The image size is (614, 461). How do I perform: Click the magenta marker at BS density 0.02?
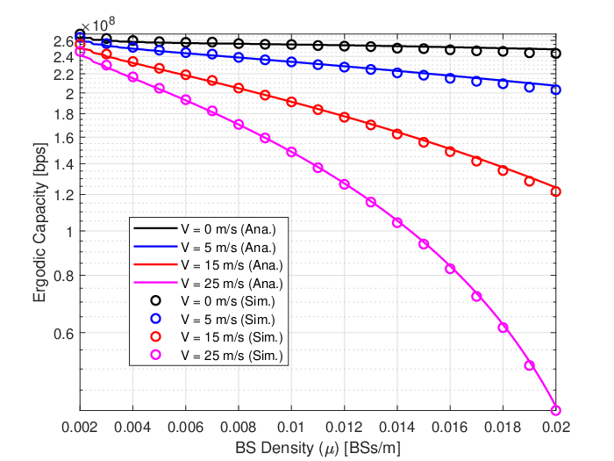click(555, 410)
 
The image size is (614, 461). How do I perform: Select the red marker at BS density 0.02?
click(555, 191)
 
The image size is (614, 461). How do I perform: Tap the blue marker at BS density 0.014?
click(397, 73)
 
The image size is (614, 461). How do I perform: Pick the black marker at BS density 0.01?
click(291, 45)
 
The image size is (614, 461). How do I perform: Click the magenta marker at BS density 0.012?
click(344, 184)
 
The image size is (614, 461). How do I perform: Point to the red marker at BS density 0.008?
click(239, 88)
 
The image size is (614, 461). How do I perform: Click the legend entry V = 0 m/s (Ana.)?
click(204, 229)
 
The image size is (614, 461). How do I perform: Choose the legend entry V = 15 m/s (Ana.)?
click(209, 265)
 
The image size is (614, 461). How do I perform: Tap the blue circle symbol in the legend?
click(156, 319)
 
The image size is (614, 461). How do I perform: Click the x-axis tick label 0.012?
click(344, 427)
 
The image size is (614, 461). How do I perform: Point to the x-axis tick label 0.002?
click(80, 427)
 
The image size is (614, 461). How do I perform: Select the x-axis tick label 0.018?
click(503, 427)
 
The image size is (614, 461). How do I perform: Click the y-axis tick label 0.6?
click(64, 334)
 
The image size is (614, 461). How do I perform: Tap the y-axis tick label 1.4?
click(64, 165)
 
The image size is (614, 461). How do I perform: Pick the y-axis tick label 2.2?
click(64, 75)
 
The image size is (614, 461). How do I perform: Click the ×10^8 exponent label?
click(98, 25)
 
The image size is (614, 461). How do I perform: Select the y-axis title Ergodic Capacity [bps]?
click(39, 222)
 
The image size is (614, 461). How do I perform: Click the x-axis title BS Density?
click(274, 448)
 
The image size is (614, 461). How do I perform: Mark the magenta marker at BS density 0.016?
click(450, 269)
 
